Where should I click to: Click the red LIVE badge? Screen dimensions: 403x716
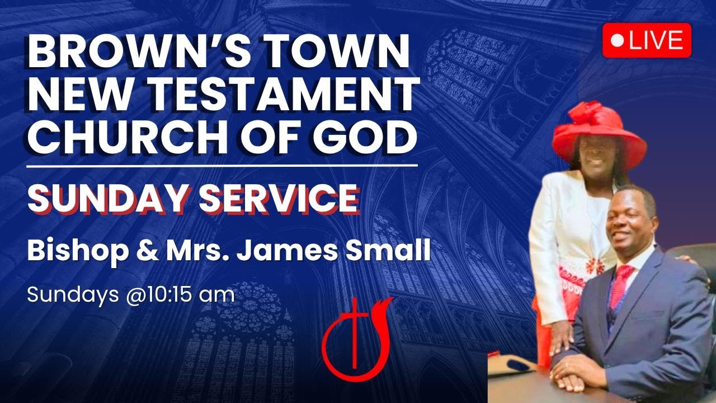click(x=647, y=40)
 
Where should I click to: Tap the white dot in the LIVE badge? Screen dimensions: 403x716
click(x=618, y=40)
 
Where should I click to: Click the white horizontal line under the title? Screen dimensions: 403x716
click(x=223, y=166)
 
